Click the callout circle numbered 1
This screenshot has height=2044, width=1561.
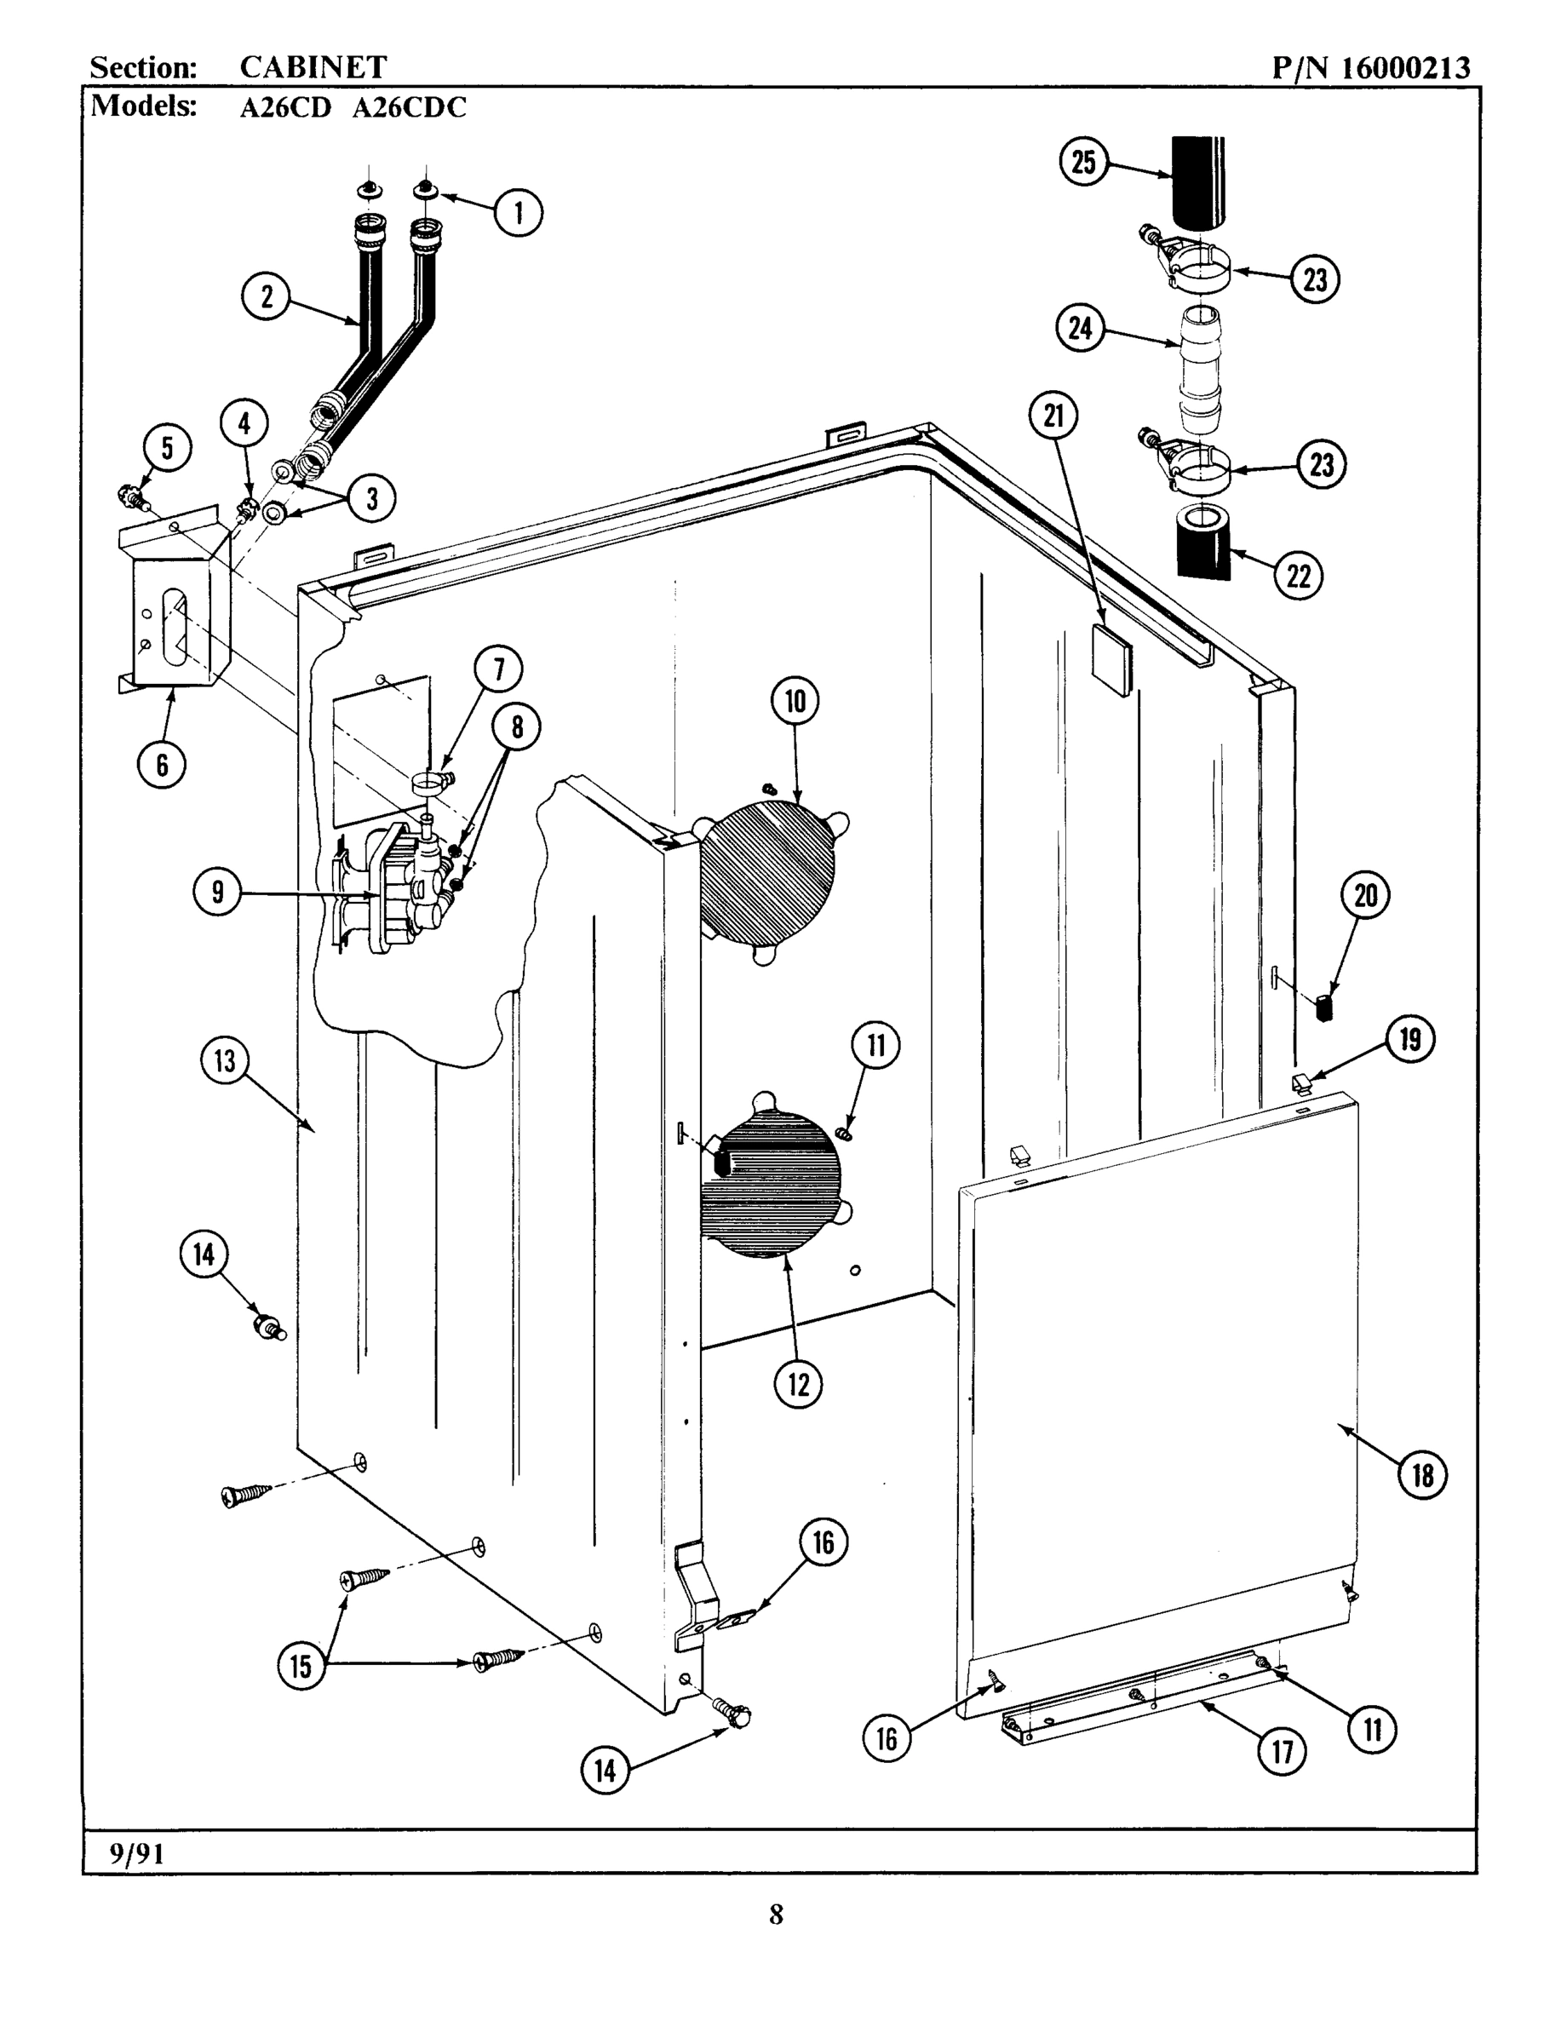[x=519, y=213]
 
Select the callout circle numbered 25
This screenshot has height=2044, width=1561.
[x=1083, y=163]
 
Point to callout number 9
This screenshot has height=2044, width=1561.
[x=217, y=893]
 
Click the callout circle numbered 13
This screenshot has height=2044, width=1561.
[x=226, y=1060]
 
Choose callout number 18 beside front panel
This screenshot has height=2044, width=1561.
[x=1422, y=1474]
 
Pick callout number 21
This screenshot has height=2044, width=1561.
[x=1053, y=416]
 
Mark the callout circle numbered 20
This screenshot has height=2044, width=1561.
[x=1365, y=896]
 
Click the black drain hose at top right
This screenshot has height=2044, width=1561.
[x=1197, y=181]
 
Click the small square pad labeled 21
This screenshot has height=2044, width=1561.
[x=1113, y=660]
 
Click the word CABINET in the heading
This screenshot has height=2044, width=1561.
[x=313, y=67]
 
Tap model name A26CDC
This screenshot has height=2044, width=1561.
[x=409, y=108]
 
